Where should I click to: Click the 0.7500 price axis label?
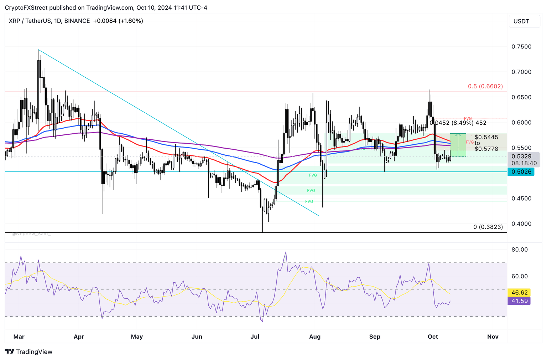click(521, 47)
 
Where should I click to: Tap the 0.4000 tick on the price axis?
click(521, 224)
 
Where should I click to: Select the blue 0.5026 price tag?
click(521, 172)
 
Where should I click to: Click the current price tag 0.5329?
click(521, 156)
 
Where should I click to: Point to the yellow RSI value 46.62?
click(519, 293)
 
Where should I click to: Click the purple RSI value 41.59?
click(519, 301)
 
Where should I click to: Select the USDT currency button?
click(521, 21)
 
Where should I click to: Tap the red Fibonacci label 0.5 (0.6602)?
click(485, 86)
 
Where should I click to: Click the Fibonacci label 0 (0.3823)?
click(488, 227)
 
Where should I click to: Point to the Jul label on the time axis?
click(255, 336)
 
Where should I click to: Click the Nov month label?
click(493, 336)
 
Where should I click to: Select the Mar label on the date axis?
click(19, 336)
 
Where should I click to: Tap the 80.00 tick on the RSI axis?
click(519, 250)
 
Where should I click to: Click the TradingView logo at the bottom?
click(29, 352)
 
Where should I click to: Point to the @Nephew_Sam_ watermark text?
click(31, 234)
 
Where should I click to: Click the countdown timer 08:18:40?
click(524, 163)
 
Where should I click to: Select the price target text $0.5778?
click(486, 149)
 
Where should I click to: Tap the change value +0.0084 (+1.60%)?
click(118, 21)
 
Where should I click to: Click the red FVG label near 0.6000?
click(468, 118)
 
